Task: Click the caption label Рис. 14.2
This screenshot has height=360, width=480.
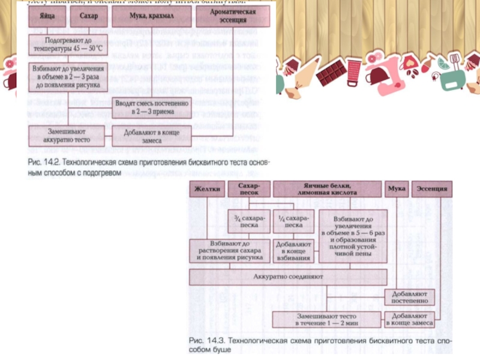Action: [44, 163]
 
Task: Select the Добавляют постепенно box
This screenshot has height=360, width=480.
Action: [410, 296]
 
